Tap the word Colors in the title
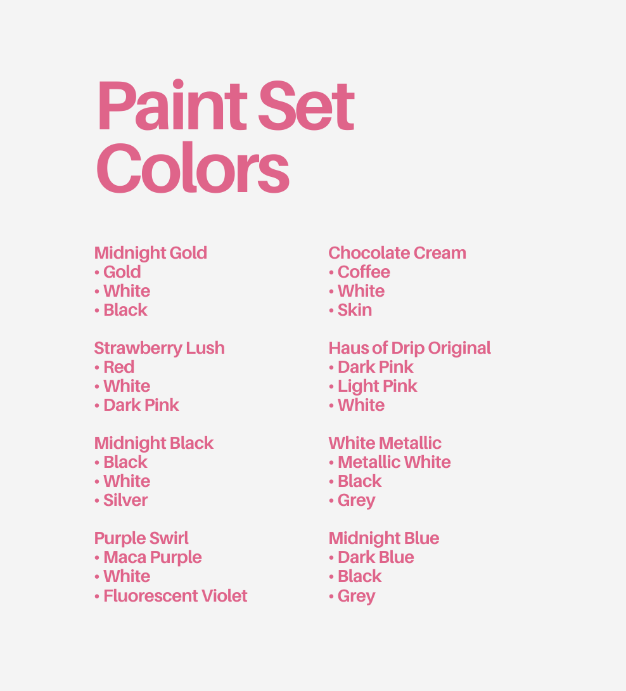[193, 167]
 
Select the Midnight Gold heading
[150, 253]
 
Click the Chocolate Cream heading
[397, 253]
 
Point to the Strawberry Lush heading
[159, 348]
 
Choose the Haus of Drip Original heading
[409, 348]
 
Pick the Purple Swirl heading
[141, 538]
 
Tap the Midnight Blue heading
[383, 538]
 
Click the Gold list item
[122, 272]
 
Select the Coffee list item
[364, 272]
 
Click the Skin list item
[354, 310]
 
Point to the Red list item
[118, 367]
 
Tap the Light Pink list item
[377, 386]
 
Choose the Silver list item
[125, 500]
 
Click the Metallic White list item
[394, 462]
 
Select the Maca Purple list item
[152, 557]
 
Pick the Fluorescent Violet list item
[175, 596]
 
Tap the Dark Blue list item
[376, 557]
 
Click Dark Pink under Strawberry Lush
[141, 405]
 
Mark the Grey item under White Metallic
[356, 500]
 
